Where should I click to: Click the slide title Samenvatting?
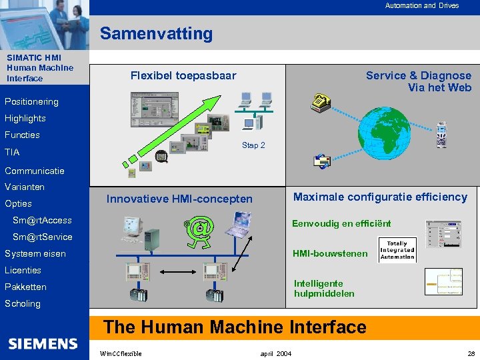point(156,33)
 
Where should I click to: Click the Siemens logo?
point(43,343)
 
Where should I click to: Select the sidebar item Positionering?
point(31,102)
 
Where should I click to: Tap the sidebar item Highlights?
point(25,119)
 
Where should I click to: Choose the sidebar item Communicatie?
point(35,171)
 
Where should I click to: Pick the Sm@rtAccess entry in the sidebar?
point(42,220)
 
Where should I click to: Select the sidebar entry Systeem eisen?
point(35,253)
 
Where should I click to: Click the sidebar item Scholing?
point(23,303)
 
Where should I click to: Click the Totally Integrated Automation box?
point(397,249)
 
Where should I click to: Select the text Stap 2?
point(253,145)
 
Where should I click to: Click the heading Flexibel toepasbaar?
point(183,76)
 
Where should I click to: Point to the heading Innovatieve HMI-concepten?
point(180,199)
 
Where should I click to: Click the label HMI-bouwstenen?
point(330,253)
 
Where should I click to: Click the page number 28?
point(471,353)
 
